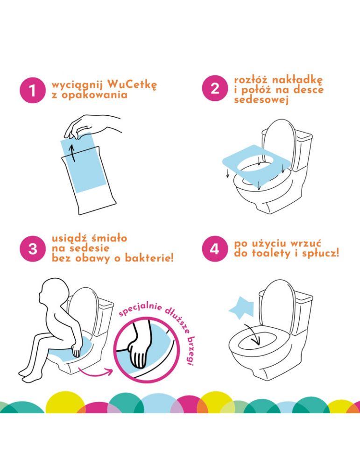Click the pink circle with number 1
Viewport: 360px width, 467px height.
pos(33,90)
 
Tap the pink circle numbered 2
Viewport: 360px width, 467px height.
pos(215,88)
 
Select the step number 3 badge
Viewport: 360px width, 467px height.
pos(33,249)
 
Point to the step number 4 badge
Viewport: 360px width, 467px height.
pos(215,249)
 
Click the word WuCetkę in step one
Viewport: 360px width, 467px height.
pos(132,85)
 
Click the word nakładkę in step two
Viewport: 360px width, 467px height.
pos(297,80)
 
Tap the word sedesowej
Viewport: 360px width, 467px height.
pos(261,99)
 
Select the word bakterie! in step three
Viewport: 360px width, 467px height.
pos(149,258)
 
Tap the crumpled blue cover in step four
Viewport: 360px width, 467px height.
pos(242,307)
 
